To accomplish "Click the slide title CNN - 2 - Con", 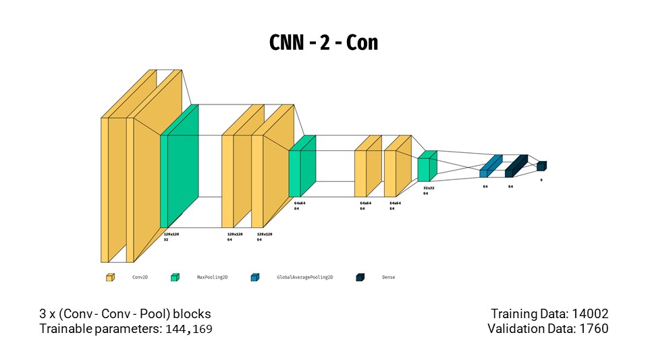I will [x=324, y=42].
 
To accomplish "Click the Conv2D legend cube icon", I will [x=110, y=277].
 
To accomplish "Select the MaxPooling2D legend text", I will [x=212, y=277].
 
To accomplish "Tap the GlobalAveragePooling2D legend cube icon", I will [x=254, y=277].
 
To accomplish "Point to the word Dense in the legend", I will [x=388, y=277].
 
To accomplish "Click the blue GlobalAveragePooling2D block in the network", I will [x=491, y=166].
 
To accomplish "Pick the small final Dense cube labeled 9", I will [x=541, y=166].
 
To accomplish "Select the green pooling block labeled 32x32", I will [x=427, y=167].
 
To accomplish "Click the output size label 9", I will [x=541, y=180].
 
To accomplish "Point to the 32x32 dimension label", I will [x=429, y=188].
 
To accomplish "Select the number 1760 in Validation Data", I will [x=593, y=329].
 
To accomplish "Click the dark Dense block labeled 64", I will [x=516, y=166].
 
